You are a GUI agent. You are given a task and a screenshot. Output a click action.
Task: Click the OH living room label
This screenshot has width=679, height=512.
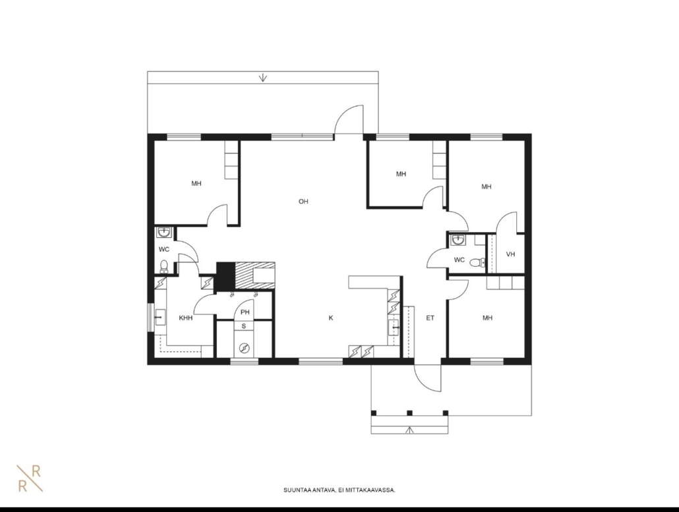coord(303,201)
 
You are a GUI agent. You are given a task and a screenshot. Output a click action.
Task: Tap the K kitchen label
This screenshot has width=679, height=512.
coord(331,318)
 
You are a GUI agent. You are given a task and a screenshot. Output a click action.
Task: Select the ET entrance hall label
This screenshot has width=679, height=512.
coord(430,318)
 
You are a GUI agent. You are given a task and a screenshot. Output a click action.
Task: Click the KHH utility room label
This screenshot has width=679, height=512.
coord(186,318)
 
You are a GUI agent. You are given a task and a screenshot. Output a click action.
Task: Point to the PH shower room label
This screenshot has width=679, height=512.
coord(245,312)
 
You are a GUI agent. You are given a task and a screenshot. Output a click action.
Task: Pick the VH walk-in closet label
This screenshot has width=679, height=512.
coord(510,254)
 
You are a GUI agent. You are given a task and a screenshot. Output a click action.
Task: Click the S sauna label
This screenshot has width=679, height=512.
coord(244,326)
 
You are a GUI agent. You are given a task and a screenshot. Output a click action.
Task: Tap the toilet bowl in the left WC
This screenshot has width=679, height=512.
coord(164,266)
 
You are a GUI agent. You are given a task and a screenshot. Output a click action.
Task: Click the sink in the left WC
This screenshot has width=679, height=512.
coord(163,233)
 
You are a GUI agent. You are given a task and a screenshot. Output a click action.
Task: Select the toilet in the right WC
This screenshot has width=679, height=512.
coord(477,262)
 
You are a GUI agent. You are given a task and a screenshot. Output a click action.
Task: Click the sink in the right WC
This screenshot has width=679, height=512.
coord(458,239)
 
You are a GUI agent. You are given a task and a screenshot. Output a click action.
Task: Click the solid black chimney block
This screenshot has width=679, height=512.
coord(225,276)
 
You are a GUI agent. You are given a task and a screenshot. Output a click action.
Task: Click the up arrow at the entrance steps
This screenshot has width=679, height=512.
coord(409,430)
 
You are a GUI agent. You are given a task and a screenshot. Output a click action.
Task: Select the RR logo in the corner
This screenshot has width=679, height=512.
coord(30,478)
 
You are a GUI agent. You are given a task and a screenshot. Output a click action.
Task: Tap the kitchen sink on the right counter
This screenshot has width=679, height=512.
coord(395,327)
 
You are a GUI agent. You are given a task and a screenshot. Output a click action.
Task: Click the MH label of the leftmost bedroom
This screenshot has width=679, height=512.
coord(196,183)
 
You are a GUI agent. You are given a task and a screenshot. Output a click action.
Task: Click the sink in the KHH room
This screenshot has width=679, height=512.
coord(160,318)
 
